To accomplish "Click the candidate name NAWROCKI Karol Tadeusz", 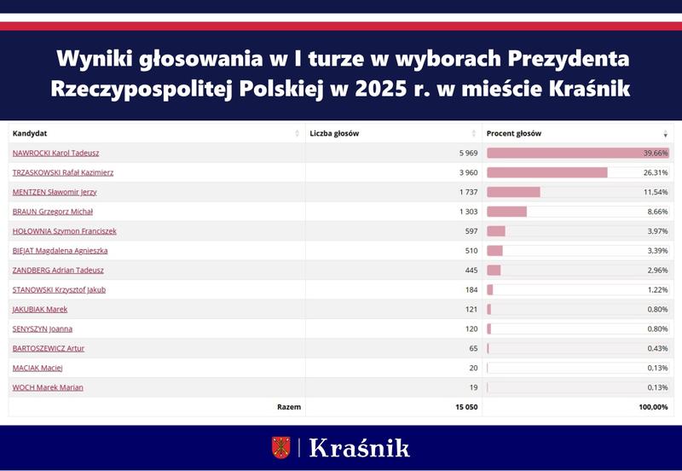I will point(55,153).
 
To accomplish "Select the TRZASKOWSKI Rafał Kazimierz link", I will point(62,172).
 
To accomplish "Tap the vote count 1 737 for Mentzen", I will point(464,192).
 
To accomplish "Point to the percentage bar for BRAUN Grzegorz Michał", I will point(507,212).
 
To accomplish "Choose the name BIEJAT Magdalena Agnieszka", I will point(60,251).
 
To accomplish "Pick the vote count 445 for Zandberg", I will point(468,270).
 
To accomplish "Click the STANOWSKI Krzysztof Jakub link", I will point(59,290).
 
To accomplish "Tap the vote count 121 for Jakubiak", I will point(468,309).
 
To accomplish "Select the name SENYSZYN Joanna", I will point(43,329).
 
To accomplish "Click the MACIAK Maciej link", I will point(38,368).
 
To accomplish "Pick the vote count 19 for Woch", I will point(471,387).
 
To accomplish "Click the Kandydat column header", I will point(30,133).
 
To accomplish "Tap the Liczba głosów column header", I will point(334,133).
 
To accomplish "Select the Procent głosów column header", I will point(513,133).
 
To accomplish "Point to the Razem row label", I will point(288,407).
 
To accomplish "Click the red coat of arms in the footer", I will point(281,447).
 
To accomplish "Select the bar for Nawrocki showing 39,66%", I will point(577,153).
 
